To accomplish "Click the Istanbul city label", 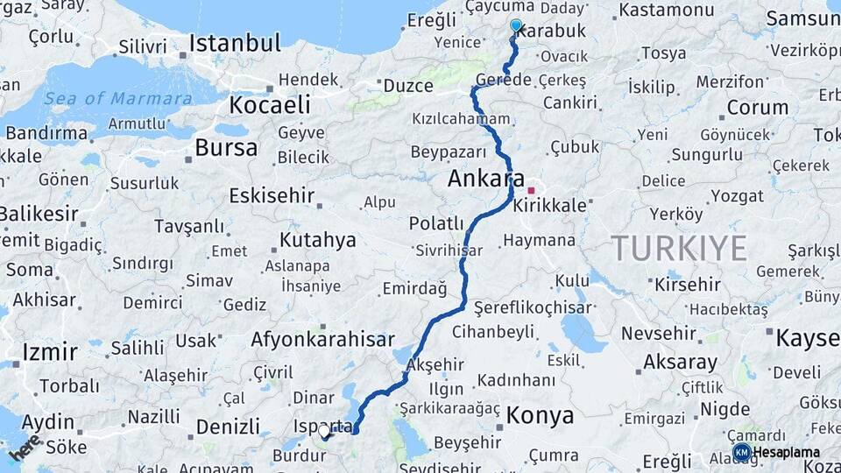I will pyautogui.click(x=235, y=43).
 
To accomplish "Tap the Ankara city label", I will pyautogui.click(x=486, y=179).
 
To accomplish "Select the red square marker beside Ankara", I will pyautogui.click(x=531, y=189).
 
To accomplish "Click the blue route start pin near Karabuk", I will pyautogui.click(x=516, y=26).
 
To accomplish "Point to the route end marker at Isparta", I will pyautogui.click(x=325, y=432).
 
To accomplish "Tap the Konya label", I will pyautogui.click(x=541, y=414).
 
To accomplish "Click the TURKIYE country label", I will pyautogui.click(x=679, y=248).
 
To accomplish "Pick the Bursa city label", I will pyautogui.click(x=226, y=147).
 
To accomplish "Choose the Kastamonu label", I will pyautogui.click(x=666, y=11).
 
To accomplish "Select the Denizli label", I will pyautogui.click(x=228, y=427).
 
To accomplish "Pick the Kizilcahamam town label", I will pyautogui.click(x=461, y=118).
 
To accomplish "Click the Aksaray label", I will pyautogui.click(x=680, y=361).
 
